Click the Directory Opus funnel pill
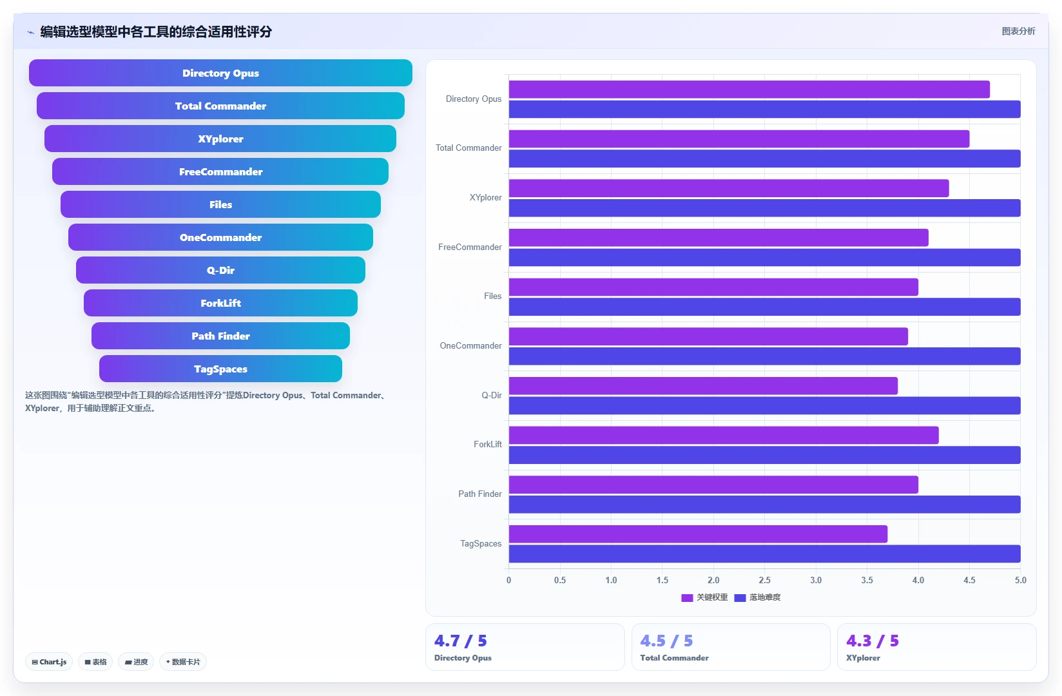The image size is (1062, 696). (220, 73)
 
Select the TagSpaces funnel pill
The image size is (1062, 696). (220, 369)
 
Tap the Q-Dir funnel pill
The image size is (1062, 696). (220, 270)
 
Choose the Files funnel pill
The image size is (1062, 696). (220, 204)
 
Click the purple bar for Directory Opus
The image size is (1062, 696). (749, 89)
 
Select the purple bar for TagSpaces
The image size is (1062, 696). (698, 534)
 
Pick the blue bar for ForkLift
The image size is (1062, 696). (764, 455)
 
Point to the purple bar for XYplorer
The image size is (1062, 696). (729, 188)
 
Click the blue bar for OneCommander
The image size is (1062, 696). (764, 356)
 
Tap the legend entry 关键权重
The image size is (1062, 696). (704, 597)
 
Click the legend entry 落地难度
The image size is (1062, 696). (757, 597)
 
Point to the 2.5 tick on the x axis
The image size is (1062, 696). (764, 580)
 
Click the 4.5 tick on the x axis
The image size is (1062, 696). (969, 580)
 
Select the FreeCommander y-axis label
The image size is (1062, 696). (470, 247)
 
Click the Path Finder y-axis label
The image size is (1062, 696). (480, 494)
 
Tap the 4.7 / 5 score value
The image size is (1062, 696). (460, 641)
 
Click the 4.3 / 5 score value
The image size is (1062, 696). (873, 641)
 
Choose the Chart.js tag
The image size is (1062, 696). (49, 661)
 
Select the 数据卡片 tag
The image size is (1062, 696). (183, 661)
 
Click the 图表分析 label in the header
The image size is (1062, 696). (1018, 32)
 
